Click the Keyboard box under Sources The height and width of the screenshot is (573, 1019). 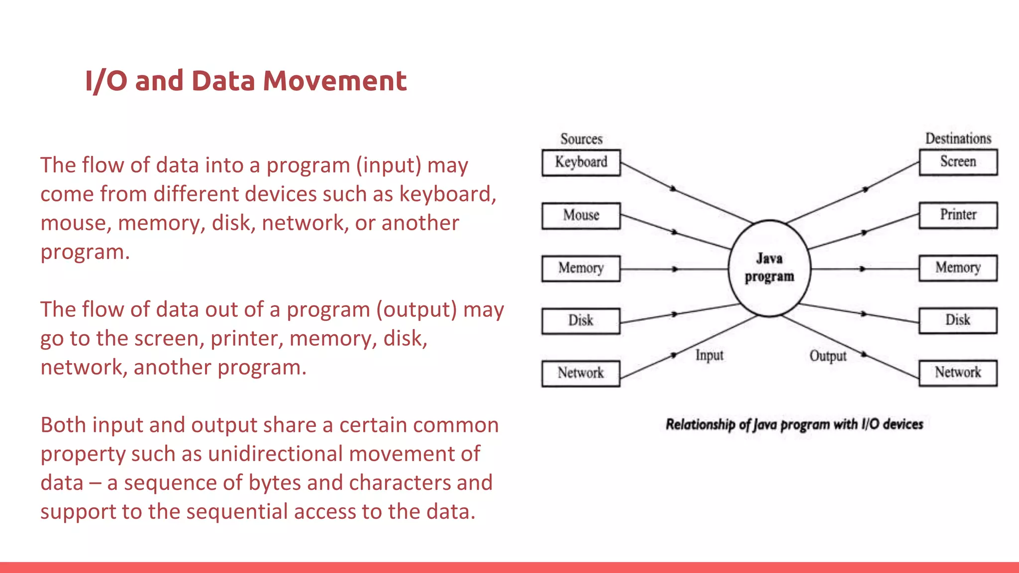point(581,163)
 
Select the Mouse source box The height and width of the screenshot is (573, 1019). point(581,215)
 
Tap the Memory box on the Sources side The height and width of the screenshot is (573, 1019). point(581,269)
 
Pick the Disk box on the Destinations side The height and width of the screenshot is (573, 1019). point(958,320)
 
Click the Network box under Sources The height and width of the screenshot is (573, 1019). point(581,373)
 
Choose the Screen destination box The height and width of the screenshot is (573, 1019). point(958,162)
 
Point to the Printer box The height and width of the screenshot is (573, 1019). point(958,215)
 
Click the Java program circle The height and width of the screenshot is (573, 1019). point(769,268)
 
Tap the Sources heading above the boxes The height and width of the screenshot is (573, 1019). point(581,139)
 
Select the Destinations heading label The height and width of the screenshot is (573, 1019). point(958,138)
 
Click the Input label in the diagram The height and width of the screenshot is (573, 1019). point(709,355)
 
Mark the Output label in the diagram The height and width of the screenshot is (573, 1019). point(827,356)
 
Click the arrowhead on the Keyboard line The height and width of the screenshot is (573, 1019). point(673,189)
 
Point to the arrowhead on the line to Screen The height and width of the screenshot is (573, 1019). point(865,190)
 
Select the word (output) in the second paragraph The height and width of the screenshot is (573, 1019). point(416,309)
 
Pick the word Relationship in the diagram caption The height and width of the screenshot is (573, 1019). point(700,424)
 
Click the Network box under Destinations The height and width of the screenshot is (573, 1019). point(958,373)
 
